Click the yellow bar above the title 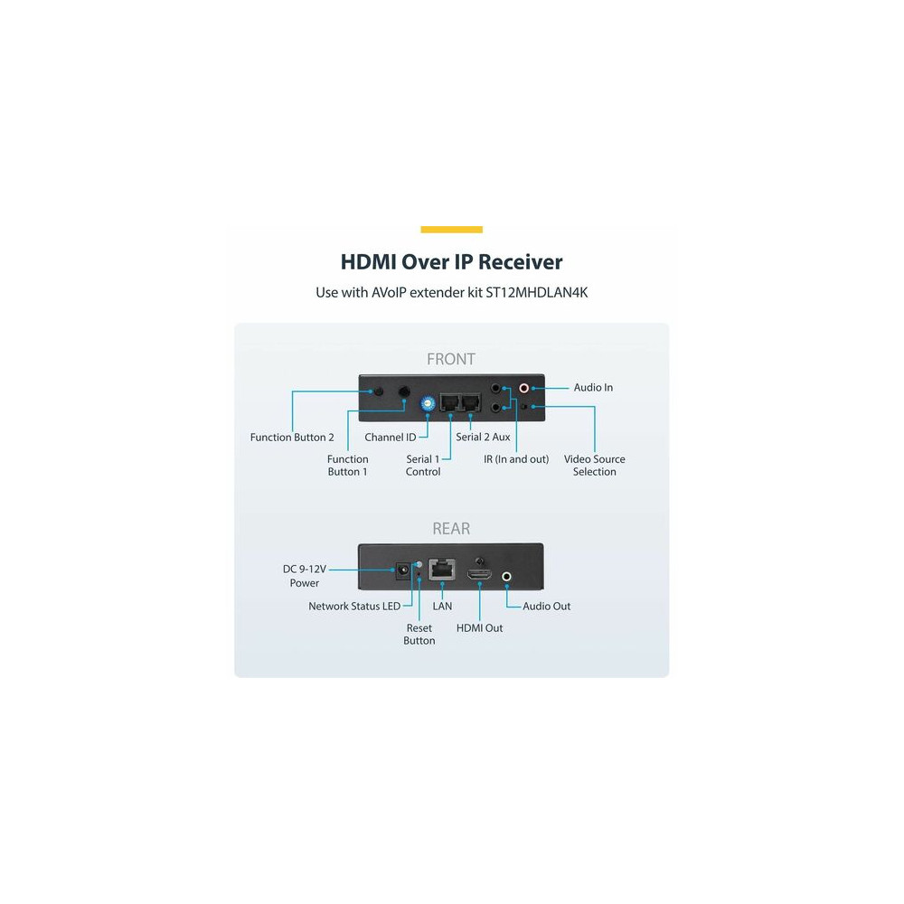click(x=451, y=230)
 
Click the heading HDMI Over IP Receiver click(x=451, y=262)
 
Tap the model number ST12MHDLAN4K click(x=536, y=292)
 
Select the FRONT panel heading click(x=451, y=359)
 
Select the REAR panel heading click(x=451, y=529)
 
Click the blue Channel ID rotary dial click(x=428, y=403)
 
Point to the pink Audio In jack click(x=524, y=389)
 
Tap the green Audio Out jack click(x=506, y=576)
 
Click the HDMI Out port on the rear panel click(x=479, y=575)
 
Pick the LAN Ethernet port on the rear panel click(x=442, y=570)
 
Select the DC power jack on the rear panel click(x=402, y=570)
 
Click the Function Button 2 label click(x=292, y=438)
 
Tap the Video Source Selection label click(x=595, y=466)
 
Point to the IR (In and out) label click(x=516, y=459)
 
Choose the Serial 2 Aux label click(x=483, y=437)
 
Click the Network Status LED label click(x=354, y=607)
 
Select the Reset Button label click(x=419, y=635)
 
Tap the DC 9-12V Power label click(x=305, y=576)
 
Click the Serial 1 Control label click(x=423, y=466)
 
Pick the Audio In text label click(x=593, y=388)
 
